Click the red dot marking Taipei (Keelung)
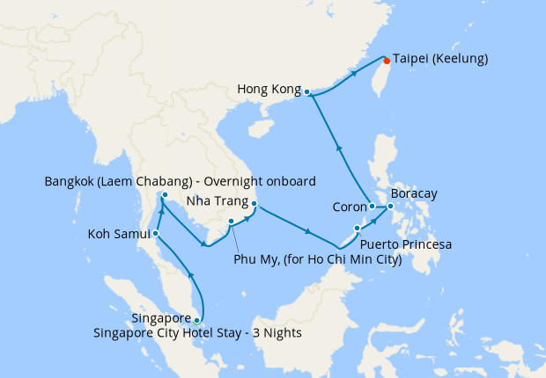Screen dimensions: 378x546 coord(387,62)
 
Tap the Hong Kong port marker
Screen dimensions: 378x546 coord(306,91)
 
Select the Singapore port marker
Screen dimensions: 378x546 coord(196,320)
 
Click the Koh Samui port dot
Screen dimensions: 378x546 coord(155,234)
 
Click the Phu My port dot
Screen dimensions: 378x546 coord(230,221)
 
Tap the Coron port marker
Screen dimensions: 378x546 coord(372,207)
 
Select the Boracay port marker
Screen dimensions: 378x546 coord(390,207)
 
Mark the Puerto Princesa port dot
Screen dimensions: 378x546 coord(357,229)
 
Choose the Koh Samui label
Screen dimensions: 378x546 coord(118,235)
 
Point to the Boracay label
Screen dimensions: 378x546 coord(414,193)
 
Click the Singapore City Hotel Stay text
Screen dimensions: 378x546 coord(197,332)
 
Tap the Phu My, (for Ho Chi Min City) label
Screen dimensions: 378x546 coord(318,259)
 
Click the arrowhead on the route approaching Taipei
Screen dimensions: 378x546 coord(355,74)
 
